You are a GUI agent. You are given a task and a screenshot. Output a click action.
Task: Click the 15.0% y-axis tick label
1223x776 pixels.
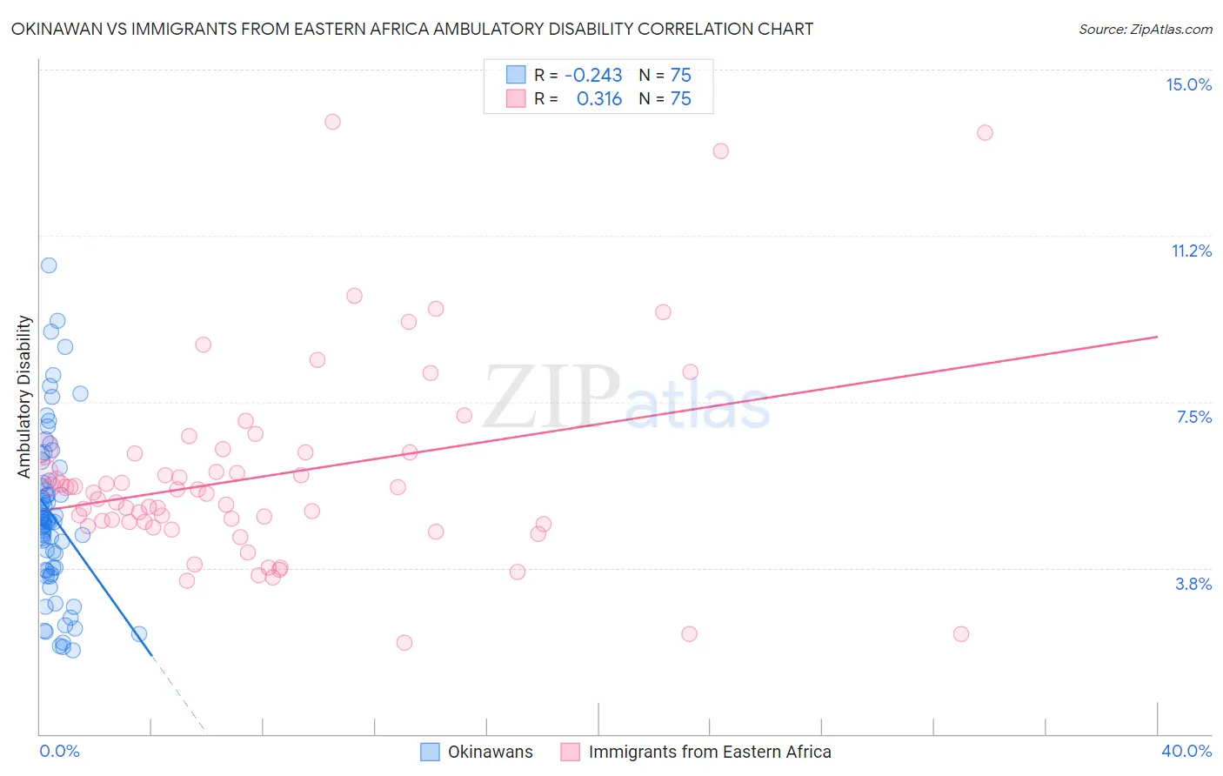pos(1188,84)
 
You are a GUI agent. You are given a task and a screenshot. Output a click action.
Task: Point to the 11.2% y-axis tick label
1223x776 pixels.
pos(1191,251)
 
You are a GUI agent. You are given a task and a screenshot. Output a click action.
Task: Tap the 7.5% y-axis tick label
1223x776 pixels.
pos(1193,417)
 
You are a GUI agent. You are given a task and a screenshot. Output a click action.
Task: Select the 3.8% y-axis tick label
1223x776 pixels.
pos(1193,584)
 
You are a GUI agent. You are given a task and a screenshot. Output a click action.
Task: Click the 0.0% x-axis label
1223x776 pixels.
pos(59,751)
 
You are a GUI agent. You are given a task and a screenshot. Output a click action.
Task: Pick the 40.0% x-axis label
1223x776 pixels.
pos(1186,751)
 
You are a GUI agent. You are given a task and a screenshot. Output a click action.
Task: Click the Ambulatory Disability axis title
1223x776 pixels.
pos(24,396)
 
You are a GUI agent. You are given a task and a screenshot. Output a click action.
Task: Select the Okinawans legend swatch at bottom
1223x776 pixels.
pos(430,752)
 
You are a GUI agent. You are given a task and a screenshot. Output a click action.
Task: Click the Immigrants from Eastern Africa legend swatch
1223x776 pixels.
pos(570,752)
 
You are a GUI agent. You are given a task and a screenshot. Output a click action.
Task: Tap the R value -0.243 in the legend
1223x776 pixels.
pos(593,75)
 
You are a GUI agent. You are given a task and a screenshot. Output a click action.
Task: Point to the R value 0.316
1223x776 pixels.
pos(599,98)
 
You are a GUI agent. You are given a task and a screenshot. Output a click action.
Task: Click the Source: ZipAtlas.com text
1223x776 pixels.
pos(1145,29)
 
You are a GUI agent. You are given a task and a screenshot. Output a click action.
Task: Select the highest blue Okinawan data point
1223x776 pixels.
pos(49,265)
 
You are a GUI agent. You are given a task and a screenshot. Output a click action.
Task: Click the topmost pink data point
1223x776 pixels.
pos(332,122)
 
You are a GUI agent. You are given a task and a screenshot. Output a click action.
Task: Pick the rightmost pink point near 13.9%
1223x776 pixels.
pos(985,133)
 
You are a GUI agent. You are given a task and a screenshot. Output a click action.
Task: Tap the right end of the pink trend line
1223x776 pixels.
pos(1157,337)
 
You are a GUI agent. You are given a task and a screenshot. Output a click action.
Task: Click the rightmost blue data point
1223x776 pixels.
pos(139,634)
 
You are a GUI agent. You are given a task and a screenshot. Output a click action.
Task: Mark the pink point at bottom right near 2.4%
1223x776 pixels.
pos(960,634)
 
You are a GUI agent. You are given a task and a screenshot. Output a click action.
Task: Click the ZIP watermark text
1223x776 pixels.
pos(551,397)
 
